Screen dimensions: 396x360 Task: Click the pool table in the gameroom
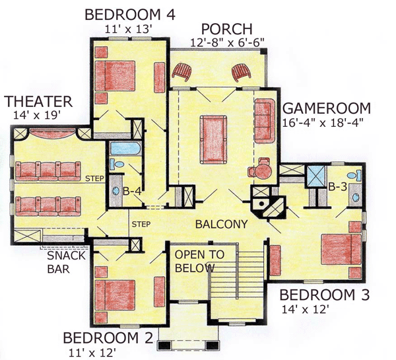coord(213,140)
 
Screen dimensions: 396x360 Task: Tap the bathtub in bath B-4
coord(126,149)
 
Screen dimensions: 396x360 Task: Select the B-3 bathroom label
coord(337,188)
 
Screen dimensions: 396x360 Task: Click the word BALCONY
coord(222,224)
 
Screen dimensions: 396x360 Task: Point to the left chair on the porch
coord(181,72)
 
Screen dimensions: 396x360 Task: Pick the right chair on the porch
coord(241,72)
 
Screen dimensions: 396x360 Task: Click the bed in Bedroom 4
coord(115,76)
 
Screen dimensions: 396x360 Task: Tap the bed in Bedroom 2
coord(115,295)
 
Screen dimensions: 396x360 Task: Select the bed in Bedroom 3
coord(341,250)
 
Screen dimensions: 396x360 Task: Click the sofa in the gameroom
coord(265,121)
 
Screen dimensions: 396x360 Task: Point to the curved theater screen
coord(53,133)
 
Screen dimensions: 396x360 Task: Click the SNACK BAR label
coord(66,262)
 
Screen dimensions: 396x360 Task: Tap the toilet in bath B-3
coord(355,175)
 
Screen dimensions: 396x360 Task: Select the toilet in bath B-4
coord(116,164)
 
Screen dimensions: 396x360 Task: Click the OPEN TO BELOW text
coord(199,261)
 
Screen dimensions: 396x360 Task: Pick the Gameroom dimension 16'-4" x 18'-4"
coord(323,123)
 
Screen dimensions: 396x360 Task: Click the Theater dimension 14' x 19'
coord(37,116)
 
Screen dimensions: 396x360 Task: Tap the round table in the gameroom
coord(263,171)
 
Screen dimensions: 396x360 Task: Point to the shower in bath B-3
coord(315,176)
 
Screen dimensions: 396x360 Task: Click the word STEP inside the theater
coord(94,178)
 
